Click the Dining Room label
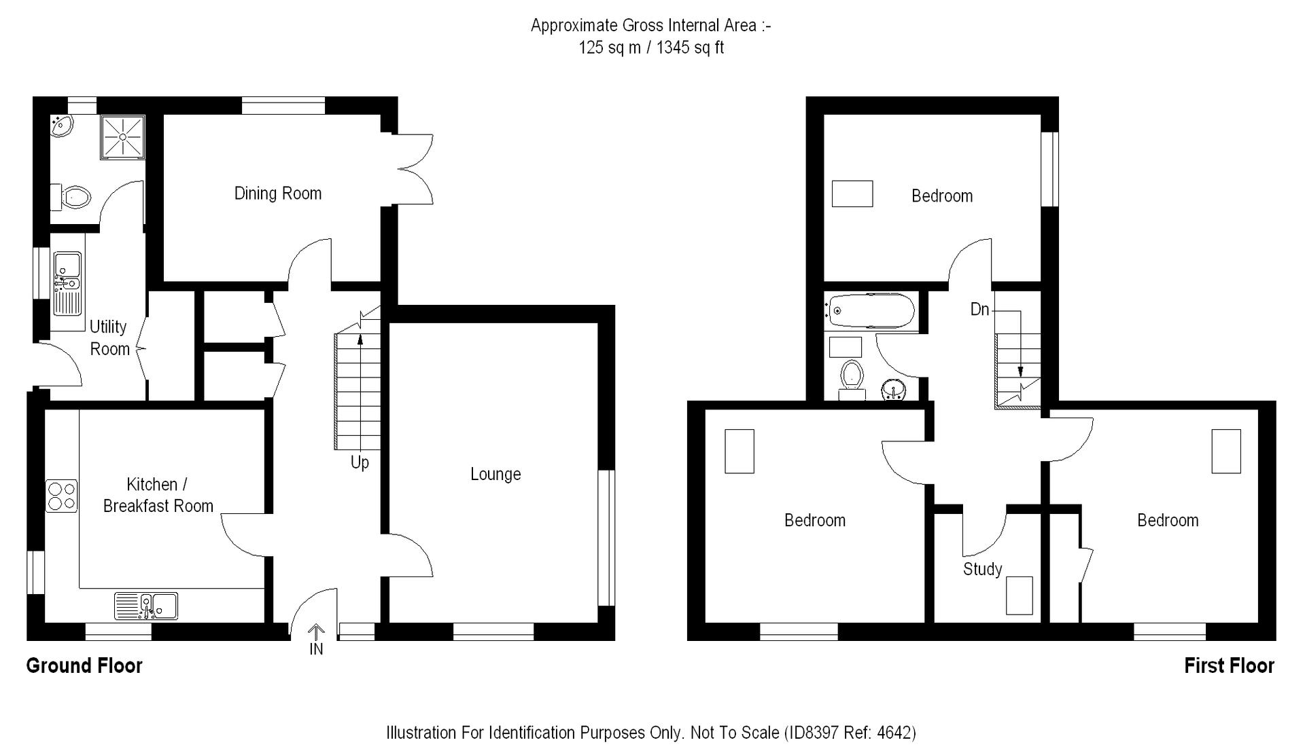tap(277, 194)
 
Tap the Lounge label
tap(495, 474)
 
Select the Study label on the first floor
tap(982, 569)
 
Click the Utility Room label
tap(109, 337)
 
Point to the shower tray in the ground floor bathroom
tap(123, 136)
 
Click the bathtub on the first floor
tap(869, 311)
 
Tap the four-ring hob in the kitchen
tap(61, 496)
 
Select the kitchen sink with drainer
tap(146, 606)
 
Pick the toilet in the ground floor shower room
tap(73, 198)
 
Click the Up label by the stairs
tap(360, 462)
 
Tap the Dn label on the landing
tap(979, 310)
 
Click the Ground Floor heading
tap(84, 665)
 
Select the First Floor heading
tap(1229, 665)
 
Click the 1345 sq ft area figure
tap(690, 48)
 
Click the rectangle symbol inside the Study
tap(1019, 595)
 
